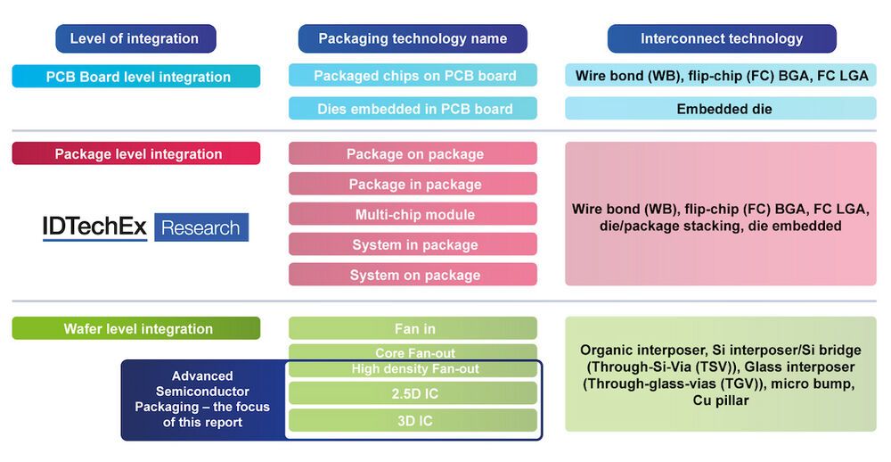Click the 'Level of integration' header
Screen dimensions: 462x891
(x=135, y=38)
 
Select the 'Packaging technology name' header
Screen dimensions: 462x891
(x=413, y=38)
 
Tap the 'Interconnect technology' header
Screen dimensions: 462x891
(x=722, y=38)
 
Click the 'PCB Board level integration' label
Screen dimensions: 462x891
(x=136, y=77)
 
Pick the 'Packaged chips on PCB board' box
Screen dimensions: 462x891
(x=413, y=76)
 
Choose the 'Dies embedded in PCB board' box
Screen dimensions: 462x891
(x=413, y=109)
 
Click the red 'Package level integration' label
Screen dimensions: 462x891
(x=136, y=153)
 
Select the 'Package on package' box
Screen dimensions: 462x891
(x=413, y=153)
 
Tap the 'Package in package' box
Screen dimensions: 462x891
(x=413, y=184)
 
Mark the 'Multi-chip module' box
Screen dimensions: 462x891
(x=413, y=214)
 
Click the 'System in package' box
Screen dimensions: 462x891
(x=413, y=244)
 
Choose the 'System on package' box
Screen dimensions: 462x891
(x=413, y=275)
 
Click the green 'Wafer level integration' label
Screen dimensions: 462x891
(x=136, y=328)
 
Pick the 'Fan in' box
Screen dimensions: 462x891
(x=413, y=328)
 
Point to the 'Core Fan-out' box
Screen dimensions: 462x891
(x=413, y=352)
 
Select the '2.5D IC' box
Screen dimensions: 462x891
(x=413, y=393)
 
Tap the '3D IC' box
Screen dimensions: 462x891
(x=413, y=421)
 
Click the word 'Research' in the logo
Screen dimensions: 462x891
(x=201, y=227)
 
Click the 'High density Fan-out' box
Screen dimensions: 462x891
(x=413, y=369)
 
